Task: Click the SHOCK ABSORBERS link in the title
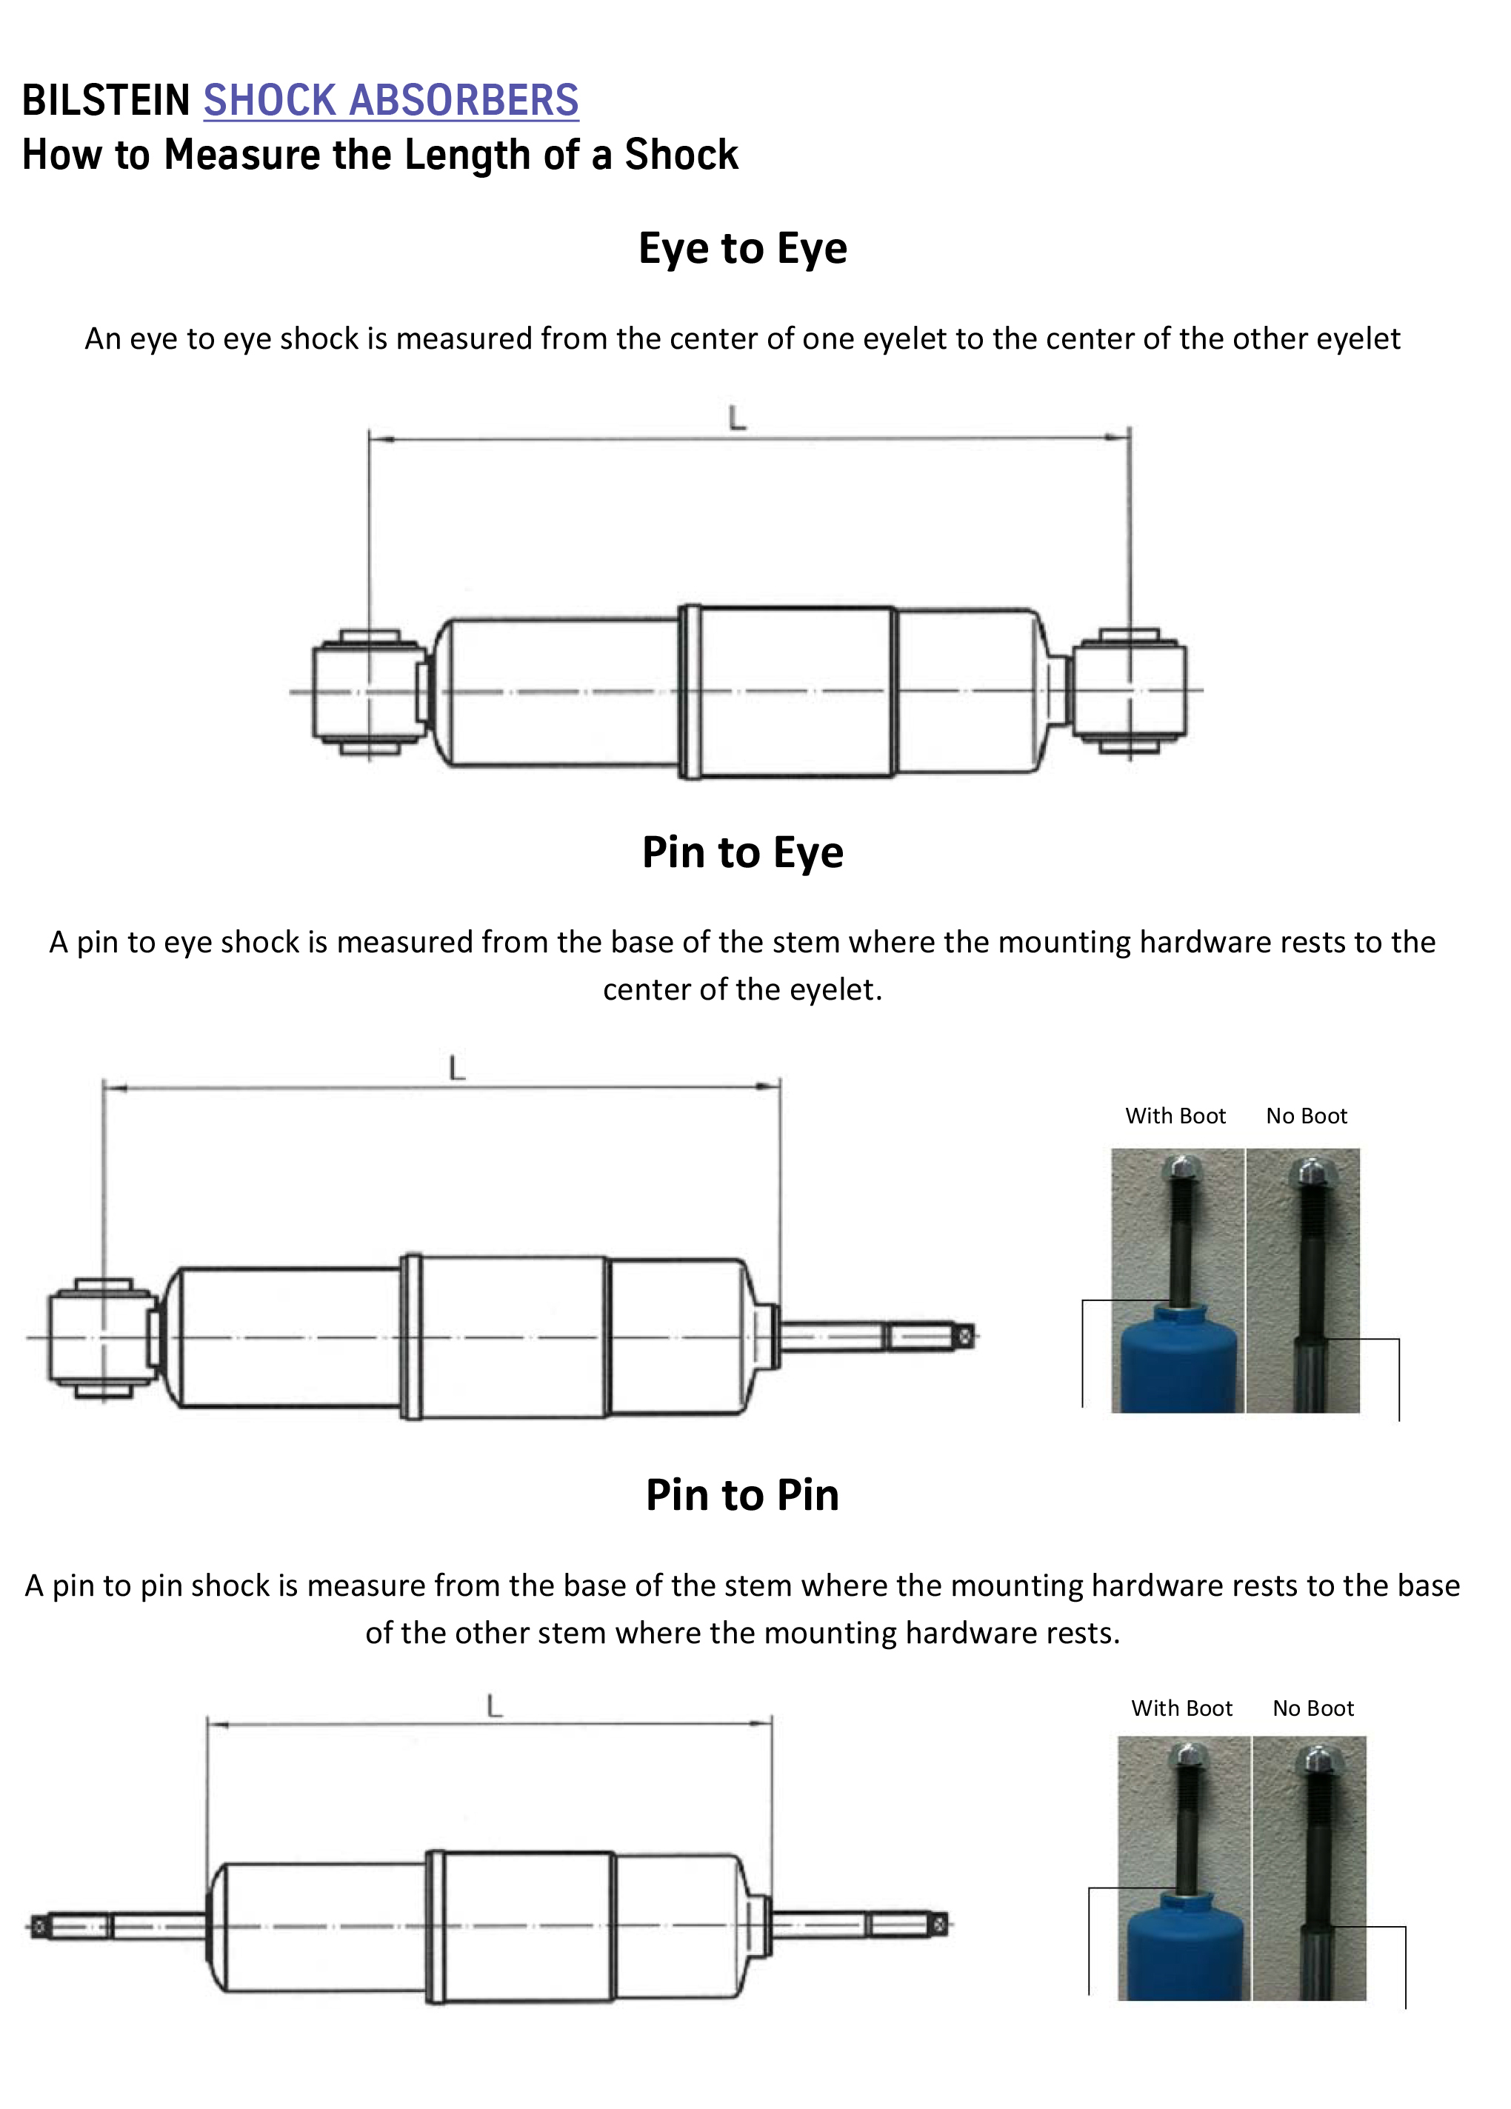coord(390,101)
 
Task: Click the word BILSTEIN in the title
coord(106,101)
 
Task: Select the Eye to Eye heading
coord(742,248)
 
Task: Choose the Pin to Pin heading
coord(742,1495)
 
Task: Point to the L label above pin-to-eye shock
coord(456,1068)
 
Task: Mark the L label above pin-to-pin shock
coord(494,1705)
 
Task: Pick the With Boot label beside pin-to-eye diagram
coord(1175,1116)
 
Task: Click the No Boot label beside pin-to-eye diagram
coord(1306,1116)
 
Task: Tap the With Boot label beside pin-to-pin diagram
coord(1181,1708)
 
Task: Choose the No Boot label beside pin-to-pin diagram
coord(1313,1708)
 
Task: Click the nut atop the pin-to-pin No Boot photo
coord(1318,1757)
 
